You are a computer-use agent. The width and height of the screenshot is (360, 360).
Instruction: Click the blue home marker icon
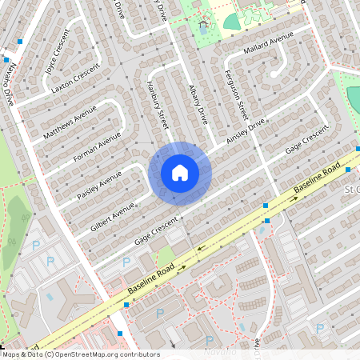(x=179, y=173)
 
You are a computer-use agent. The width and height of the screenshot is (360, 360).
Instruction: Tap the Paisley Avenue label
(x=100, y=185)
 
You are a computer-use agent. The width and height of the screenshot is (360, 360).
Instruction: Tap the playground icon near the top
(x=202, y=26)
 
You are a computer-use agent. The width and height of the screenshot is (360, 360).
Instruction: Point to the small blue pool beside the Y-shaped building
(x=50, y=297)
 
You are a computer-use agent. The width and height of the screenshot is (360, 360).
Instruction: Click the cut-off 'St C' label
(x=352, y=190)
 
